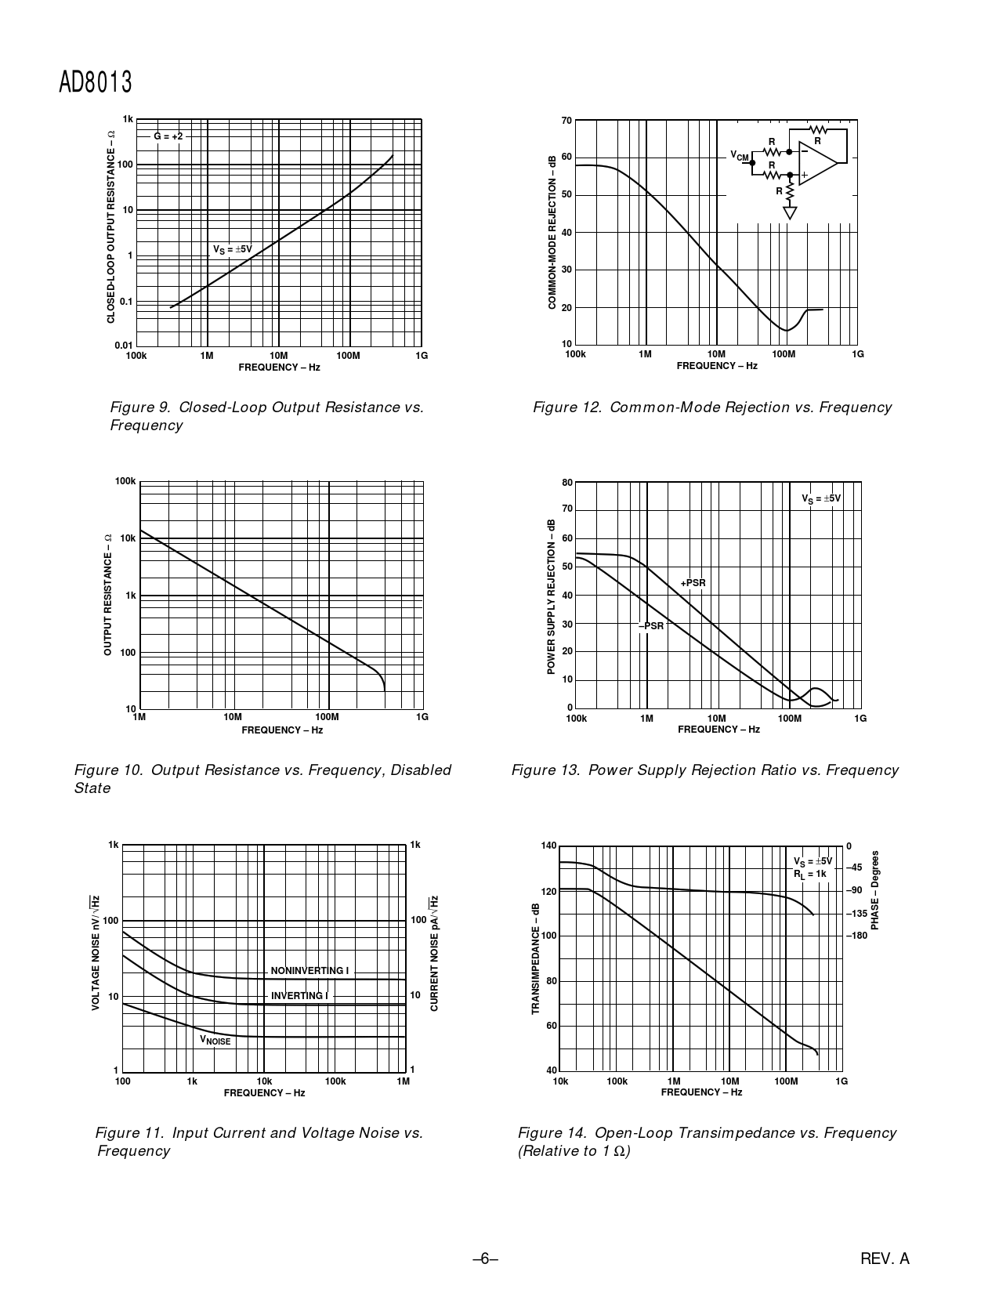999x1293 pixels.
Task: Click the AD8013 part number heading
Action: [95, 83]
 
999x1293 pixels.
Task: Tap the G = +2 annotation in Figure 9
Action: [168, 136]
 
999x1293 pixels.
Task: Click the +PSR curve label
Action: [693, 583]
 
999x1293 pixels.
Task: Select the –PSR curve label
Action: [651, 626]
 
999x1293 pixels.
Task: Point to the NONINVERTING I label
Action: [309, 971]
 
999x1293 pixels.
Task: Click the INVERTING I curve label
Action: [299, 996]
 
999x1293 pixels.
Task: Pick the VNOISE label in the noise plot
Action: [215, 1041]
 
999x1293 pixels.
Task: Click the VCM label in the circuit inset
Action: [740, 156]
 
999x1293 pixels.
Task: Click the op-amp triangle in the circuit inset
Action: [816, 163]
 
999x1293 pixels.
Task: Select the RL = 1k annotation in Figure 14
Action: [810, 874]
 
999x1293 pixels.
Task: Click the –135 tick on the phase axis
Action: [856, 914]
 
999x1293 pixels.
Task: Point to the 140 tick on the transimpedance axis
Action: [548, 846]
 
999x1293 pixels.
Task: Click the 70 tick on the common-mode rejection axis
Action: [566, 121]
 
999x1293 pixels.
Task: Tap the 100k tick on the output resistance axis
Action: [125, 481]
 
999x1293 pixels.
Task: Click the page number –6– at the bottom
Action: [486, 1259]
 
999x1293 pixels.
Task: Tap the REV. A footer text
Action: [885, 1259]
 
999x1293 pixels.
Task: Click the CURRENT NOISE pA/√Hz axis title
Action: [434, 953]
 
